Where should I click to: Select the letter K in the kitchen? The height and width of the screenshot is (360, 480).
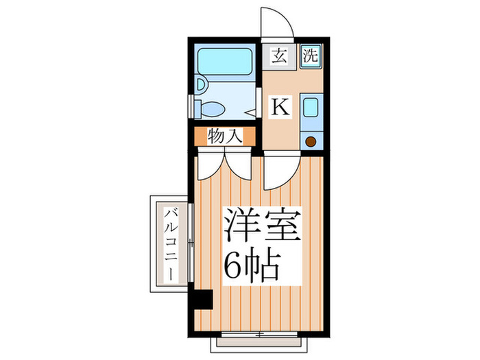pos(280,106)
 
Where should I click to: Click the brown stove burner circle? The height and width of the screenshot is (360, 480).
pos(311,142)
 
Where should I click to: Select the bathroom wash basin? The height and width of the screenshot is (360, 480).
pos(201,85)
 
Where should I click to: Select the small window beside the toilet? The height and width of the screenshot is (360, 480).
pos(191,108)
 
